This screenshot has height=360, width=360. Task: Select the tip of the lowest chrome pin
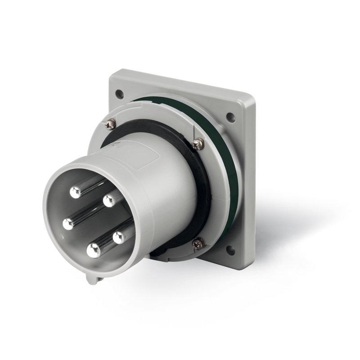click(93, 251)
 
